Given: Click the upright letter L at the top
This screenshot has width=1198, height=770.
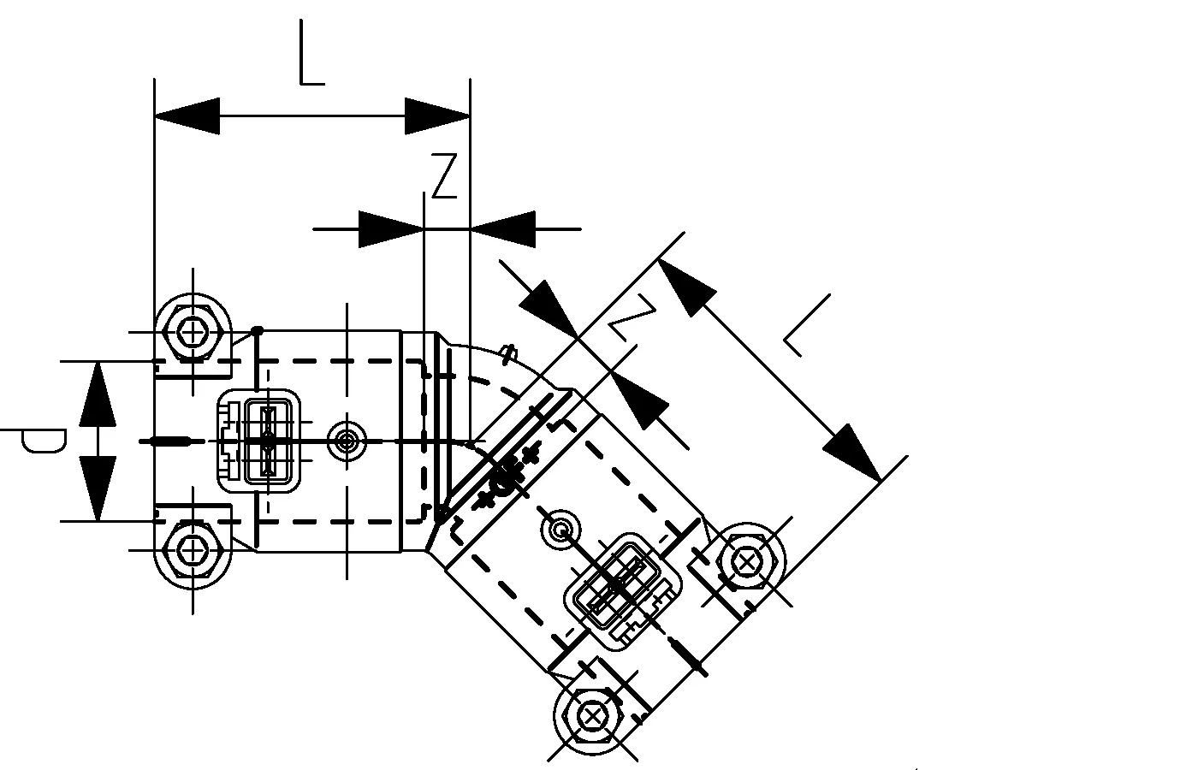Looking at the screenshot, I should tap(311, 53).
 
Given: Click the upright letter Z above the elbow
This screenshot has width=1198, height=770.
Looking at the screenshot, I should tap(444, 176).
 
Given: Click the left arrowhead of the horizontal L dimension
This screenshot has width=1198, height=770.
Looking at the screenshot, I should tap(187, 115).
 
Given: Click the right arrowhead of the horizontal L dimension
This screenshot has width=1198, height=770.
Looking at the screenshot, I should tap(437, 115).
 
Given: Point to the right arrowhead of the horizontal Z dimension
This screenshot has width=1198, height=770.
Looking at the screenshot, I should tap(502, 229).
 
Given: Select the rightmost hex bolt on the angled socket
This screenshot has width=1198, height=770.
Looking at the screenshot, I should tap(748, 562).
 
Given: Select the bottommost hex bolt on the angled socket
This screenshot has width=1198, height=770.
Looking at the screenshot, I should tap(592, 714).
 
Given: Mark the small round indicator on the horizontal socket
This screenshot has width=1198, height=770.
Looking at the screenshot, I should tap(346, 441).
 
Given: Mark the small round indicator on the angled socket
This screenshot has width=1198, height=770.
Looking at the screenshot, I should tap(560, 530).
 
